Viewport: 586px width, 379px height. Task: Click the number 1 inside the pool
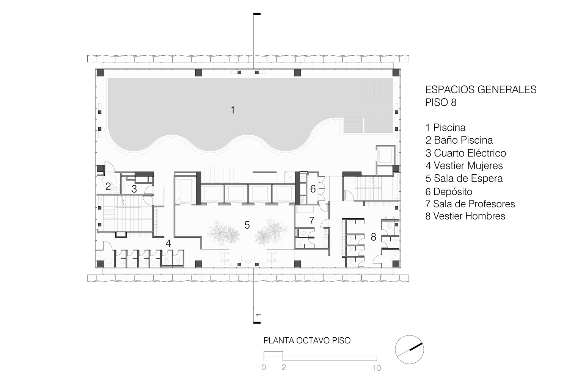[x=233, y=110]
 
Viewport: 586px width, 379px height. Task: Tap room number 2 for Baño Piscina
[x=108, y=186]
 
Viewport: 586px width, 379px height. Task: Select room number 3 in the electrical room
[x=134, y=189]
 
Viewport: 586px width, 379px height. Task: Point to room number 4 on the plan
[x=168, y=244]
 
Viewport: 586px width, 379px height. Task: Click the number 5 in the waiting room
[x=247, y=225]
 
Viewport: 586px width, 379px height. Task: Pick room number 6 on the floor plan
[x=313, y=189]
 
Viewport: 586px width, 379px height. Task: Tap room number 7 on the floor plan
[x=311, y=221]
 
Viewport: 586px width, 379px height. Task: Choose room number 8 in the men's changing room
[x=373, y=237]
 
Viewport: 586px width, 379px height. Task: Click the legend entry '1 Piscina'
[x=446, y=128]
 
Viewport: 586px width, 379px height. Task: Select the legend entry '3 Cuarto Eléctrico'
[x=466, y=153]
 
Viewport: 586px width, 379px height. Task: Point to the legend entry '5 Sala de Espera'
[x=464, y=178]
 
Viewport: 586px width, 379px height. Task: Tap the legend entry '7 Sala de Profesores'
[x=470, y=204]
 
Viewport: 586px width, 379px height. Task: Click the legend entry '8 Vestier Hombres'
[x=465, y=216]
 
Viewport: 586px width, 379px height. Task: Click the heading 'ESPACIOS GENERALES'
[x=481, y=90]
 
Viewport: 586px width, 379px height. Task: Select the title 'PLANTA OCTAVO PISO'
[x=307, y=341]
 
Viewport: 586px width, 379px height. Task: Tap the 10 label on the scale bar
[x=377, y=368]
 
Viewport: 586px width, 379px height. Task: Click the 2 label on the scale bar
[x=284, y=368]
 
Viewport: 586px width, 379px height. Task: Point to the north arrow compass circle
[x=409, y=350]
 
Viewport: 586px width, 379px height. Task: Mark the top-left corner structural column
[x=100, y=72]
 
